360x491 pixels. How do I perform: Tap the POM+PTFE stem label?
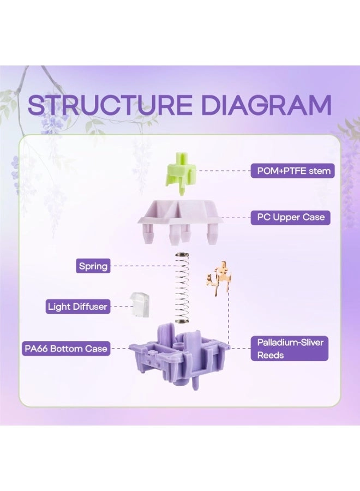pyautogui.click(x=290, y=171)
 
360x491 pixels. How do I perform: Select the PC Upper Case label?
pyautogui.click(x=290, y=217)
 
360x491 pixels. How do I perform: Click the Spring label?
pyautogui.click(x=93, y=267)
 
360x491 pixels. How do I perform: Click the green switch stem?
pyautogui.click(x=179, y=170)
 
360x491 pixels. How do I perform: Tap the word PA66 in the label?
pyautogui.click(x=37, y=348)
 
